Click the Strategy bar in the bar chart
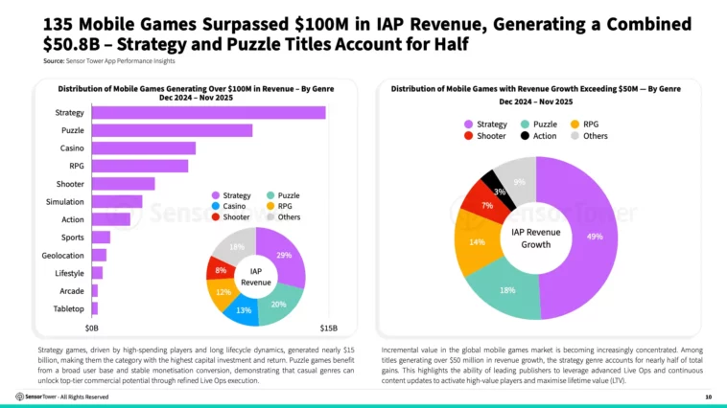(x=207, y=113)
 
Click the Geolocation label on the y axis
(x=62, y=255)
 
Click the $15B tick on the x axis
(x=327, y=328)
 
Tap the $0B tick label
(x=92, y=328)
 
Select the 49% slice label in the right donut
(x=595, y=236)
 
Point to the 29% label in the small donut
(x=284, y=255)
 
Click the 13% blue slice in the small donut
(x=245, y=309)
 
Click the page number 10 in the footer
(x=708, y=397)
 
